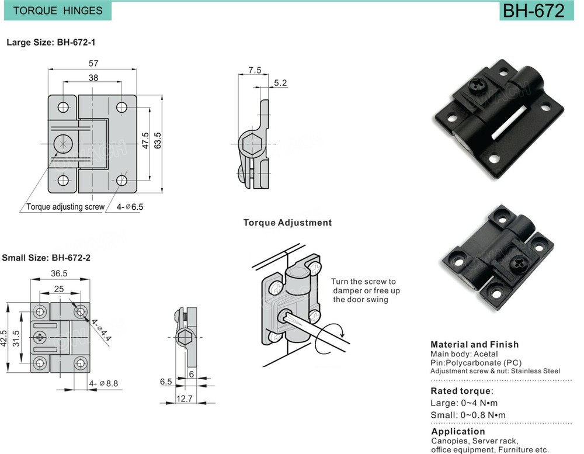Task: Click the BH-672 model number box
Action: (x=533, y=11)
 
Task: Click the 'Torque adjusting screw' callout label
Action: (x=65, y=207)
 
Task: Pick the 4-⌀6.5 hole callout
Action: (x=129, y=207)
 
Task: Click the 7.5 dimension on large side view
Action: (x=254, y=71)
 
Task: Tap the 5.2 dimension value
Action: (x=280, y=84)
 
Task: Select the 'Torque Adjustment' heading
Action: (x=287, y=223)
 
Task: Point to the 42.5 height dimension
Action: (x=5, y=338)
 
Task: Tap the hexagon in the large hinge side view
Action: (x=252, y=142)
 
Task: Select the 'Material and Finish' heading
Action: (x=474, y=345)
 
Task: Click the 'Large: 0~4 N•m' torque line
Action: (x=464, y=403)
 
